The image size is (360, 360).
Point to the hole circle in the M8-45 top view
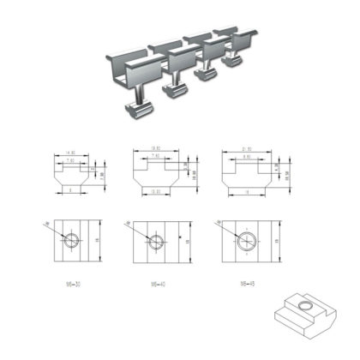tap(244, 243)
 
